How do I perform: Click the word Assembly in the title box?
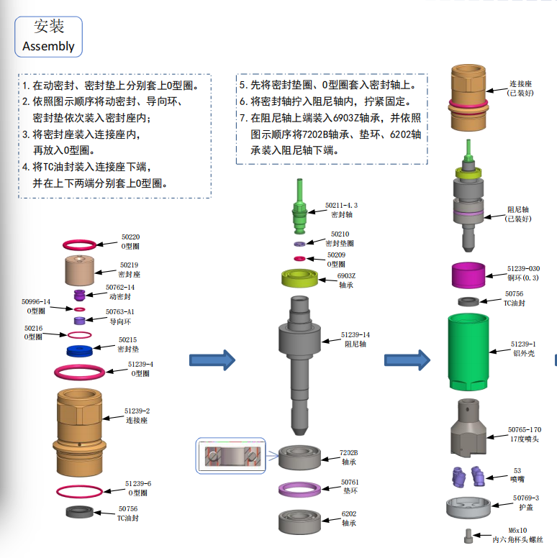(48, 46)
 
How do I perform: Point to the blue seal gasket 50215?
(80, 352)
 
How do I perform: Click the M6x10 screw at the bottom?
(469, 536)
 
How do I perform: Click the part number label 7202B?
(348, 453)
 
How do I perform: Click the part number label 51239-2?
(137, 411)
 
